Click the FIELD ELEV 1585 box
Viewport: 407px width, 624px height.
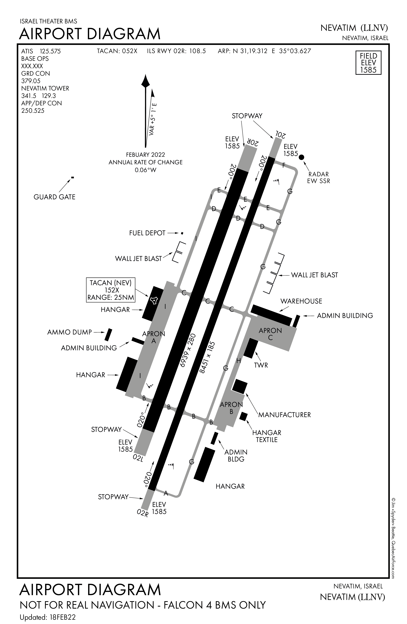tap(368, 63)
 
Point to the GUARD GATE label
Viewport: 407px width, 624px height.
tap(54, 197)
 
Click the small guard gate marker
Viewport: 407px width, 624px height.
tap(72, 177)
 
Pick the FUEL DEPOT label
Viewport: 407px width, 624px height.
tap(147, 233)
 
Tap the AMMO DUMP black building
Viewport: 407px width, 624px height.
tap(108, 335)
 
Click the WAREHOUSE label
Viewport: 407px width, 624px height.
tap(301, 301)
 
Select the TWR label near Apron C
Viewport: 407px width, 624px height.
tap(261, 365)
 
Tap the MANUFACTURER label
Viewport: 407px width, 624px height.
tap(285, 415)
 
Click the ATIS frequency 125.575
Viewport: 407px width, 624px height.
tap(50, 51)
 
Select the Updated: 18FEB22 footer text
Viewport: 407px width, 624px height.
tap(48, 617)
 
